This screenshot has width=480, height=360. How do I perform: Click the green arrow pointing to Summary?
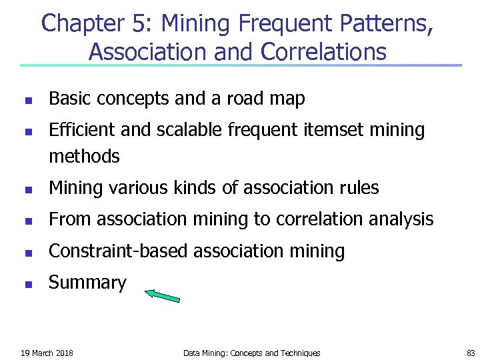point(163,295)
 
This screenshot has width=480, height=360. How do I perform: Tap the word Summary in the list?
point(87,283)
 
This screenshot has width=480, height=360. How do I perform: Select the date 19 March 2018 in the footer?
point(47,353)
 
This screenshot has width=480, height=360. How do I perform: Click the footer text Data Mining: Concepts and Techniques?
point(251,353)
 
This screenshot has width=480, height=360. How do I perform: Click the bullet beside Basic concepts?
point(27,101)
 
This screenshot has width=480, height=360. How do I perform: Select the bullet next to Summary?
point(27,284)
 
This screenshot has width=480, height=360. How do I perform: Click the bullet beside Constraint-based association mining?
point(27,253)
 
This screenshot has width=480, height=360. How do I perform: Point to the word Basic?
point(71,99)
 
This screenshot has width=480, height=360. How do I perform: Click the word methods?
point(84,157)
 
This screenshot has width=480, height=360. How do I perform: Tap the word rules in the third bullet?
point(358,189)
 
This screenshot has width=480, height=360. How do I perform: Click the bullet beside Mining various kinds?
point(27,189)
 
